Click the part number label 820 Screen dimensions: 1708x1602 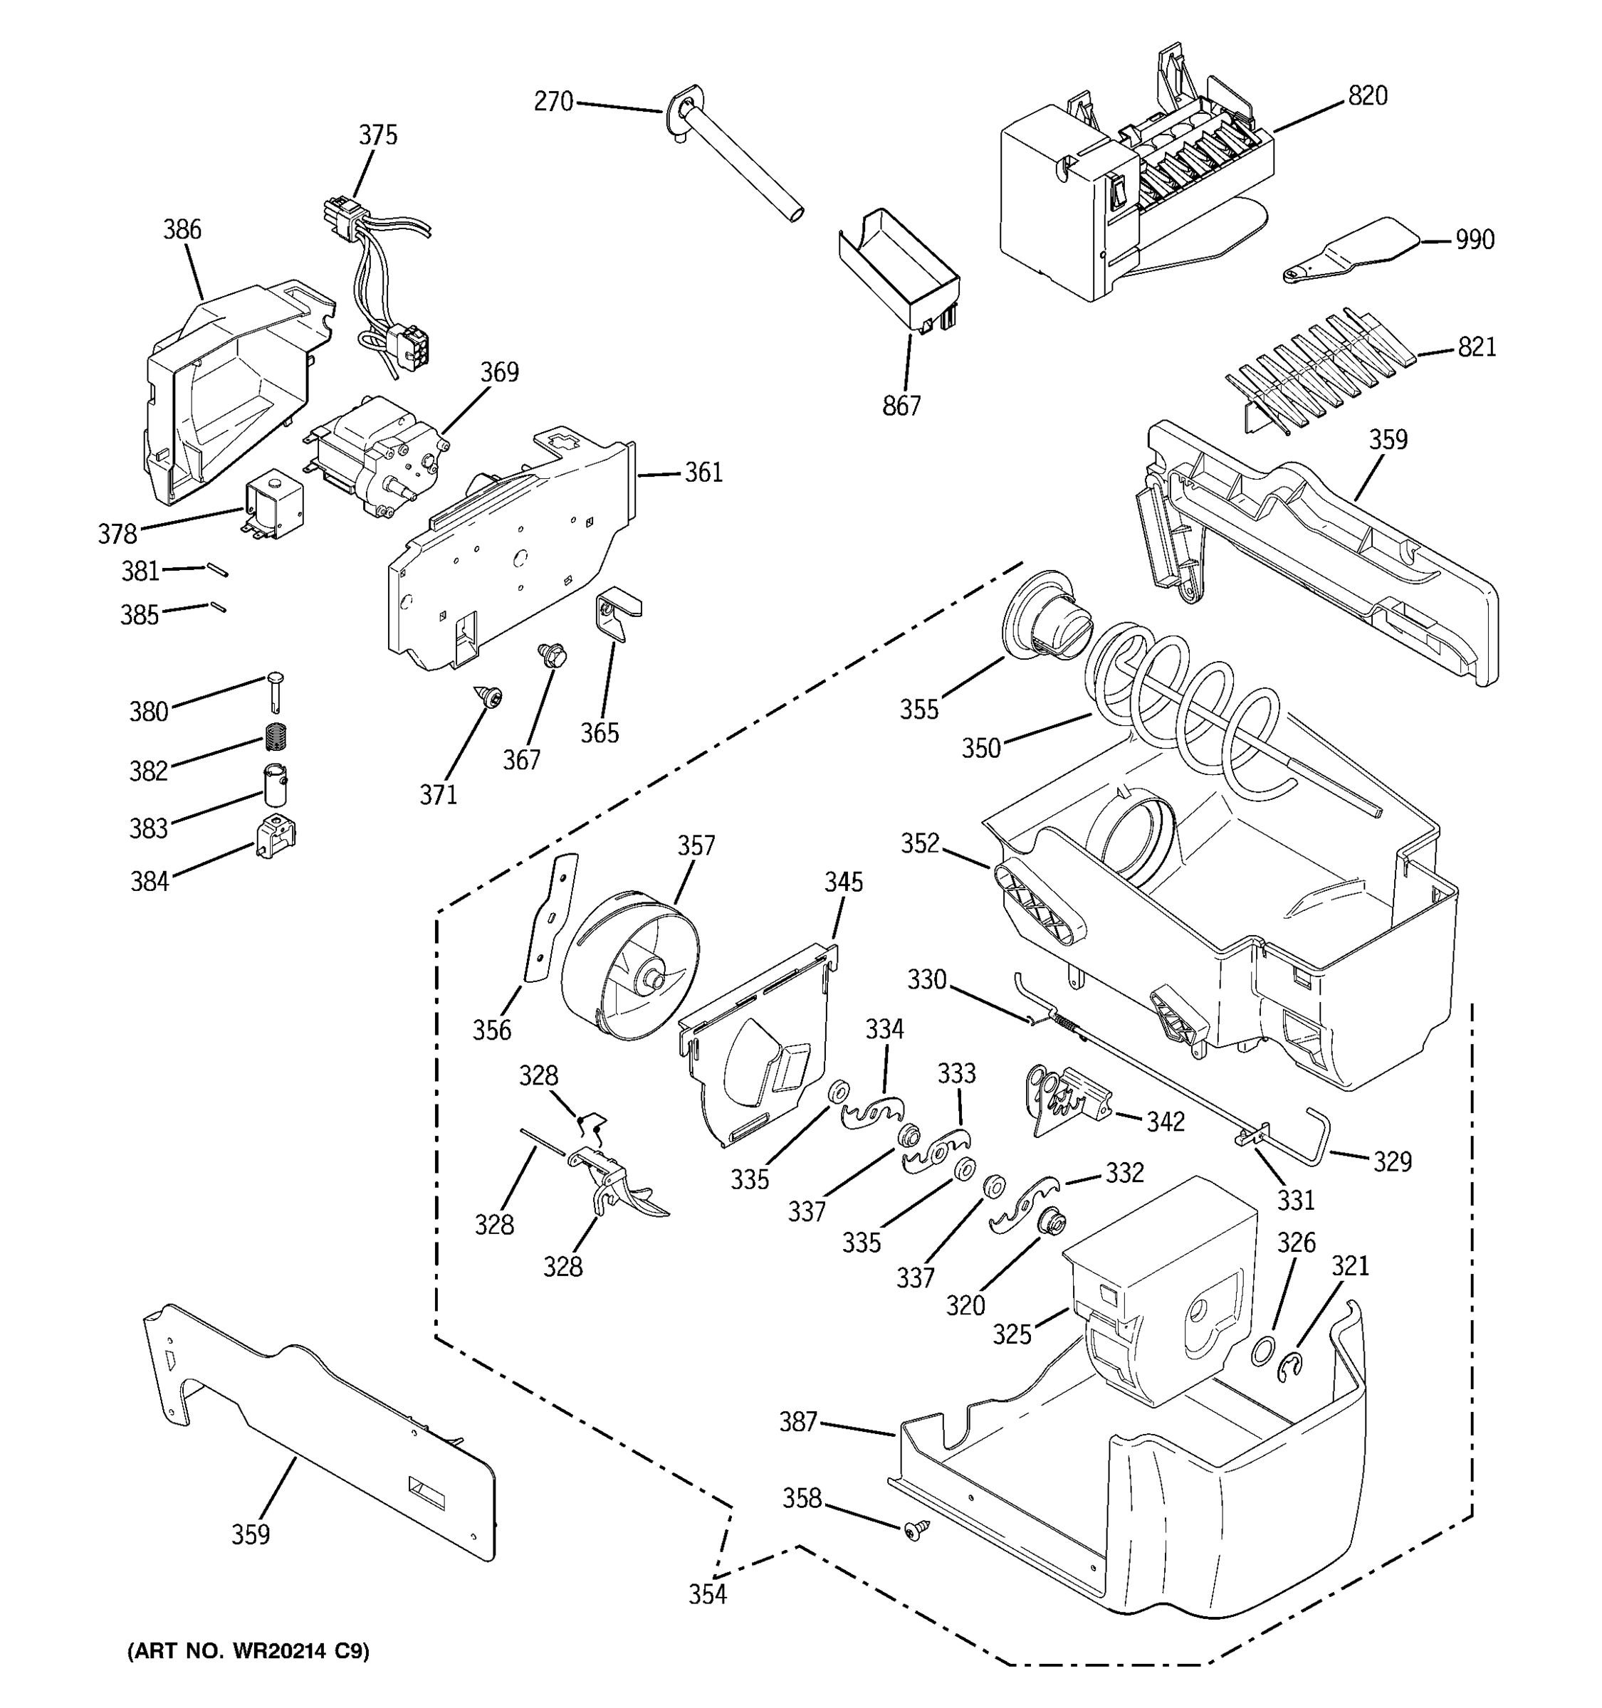(x=1366, y=95)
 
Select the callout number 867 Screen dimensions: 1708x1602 (x=901, y=406)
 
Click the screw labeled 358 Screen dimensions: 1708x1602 (x=914, y=1530)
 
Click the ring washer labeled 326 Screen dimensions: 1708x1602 (x=1260, y=1351)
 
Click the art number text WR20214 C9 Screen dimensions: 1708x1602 (x=248, y=1651)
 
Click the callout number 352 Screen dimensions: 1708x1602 (x=920, y=844)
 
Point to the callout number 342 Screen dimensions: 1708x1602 (x=1166, y=1121)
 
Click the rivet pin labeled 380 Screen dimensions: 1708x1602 (x=274, y=691)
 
